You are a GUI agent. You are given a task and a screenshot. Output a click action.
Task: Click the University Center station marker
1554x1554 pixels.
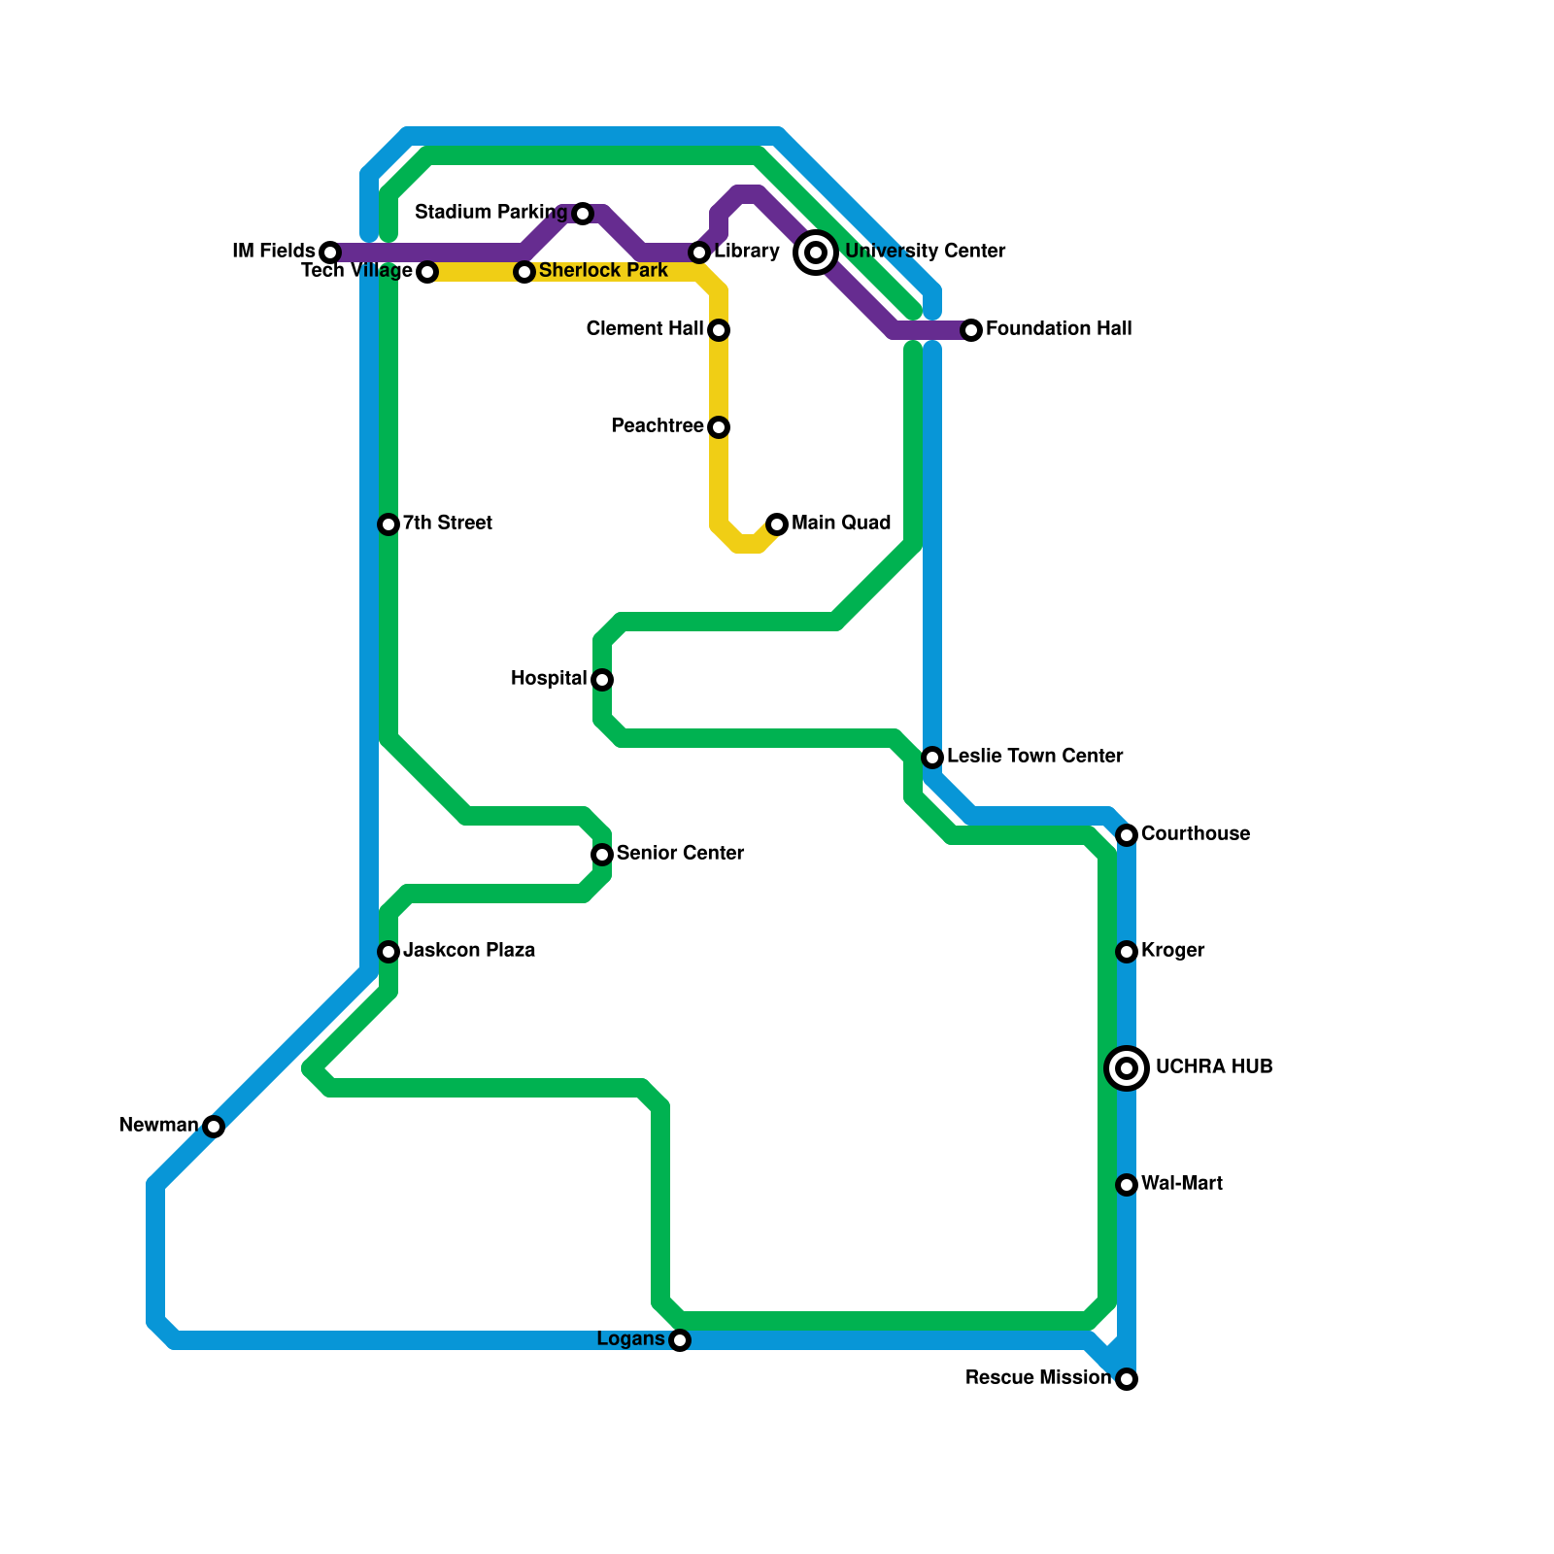pyautogui.click(x=816, y=253)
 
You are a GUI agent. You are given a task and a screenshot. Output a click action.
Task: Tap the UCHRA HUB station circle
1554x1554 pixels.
pyautogui.click(x=1127, y=1068)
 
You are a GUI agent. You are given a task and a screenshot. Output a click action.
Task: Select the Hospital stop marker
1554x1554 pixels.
pyautogui.click(x=602, y=680)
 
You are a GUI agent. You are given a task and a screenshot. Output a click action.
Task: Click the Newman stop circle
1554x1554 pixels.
pyautogui.click(x=214, y=1127)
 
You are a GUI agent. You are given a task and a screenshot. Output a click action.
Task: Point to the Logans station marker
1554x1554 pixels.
pyautogui.click(x=680, y=1340)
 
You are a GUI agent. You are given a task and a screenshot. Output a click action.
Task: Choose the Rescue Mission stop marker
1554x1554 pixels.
pyautogui.click(x=1127, y=1379)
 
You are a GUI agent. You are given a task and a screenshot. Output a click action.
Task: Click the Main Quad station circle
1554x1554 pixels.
pyautogui.click(x=777, y=524)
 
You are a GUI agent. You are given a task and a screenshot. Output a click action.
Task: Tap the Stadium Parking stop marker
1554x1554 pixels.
pyautogui.click(x=583, y=214)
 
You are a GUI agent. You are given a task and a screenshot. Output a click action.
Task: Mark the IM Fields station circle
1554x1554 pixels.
pyautogui.click(x=330, y=253)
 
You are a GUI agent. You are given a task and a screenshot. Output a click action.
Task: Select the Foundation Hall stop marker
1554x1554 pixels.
pyautogui.click(x=971, y=330)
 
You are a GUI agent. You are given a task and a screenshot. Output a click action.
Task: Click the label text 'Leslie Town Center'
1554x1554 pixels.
pyautogui.click(x=1034, y=757)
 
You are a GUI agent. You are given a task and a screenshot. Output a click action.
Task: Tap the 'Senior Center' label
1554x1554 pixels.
pyautogui.click(x=680, y=854)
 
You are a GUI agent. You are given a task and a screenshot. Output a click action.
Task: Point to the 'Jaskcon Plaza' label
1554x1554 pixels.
pyautogui.click(x=469, y=951)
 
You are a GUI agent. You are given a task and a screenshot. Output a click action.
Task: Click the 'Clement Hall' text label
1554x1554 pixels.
pyautogui.click(x=644, y=329)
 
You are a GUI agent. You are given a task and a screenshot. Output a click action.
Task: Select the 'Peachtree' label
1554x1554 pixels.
pyautogui.click(x=657, y=426)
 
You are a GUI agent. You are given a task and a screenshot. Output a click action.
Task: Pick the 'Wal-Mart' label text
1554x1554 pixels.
pyautogui.click(x=1181, y=1184)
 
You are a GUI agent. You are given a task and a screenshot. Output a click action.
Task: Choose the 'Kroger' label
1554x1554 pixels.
pyautogui.click(x=1172, y=951)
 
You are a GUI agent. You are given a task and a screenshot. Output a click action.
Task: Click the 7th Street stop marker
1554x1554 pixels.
pyautogui.click(x=388, y=524)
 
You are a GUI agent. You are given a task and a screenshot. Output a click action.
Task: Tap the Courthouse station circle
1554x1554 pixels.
pyautogui.click(x=1127, y=835)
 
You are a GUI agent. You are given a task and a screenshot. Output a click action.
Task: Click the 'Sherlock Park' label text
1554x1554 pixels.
pyautogui.click(x=603, y=271)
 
